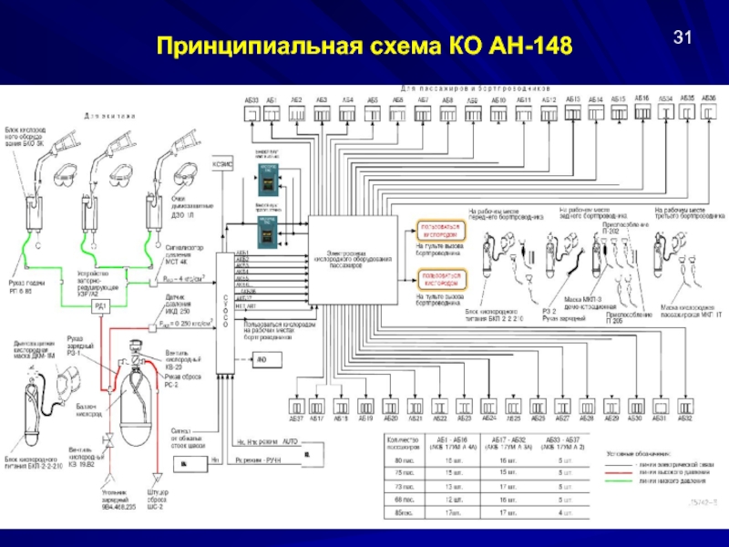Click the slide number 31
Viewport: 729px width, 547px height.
(683, 37)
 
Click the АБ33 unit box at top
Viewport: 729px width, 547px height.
(252, 112)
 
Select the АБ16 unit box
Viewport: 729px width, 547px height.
(642, 111)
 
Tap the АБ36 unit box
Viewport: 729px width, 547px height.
(709, 111)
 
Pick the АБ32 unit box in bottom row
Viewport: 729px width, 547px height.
(684, 405)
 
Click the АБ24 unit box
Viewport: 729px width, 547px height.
(488, 405)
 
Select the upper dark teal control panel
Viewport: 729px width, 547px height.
(267, 180)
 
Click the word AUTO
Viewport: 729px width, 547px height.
(291, 439)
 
